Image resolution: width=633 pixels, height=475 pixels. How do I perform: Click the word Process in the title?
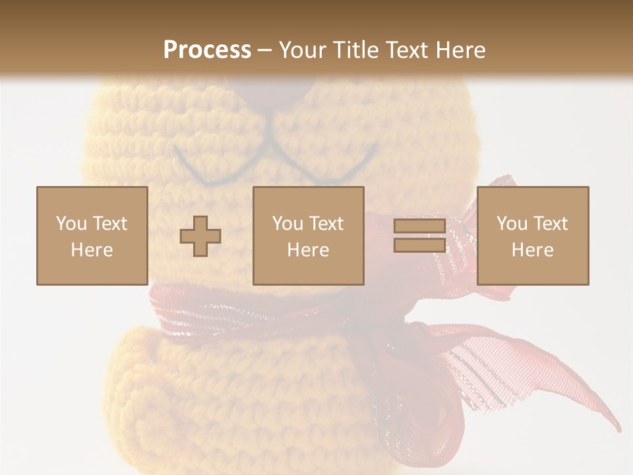[207, 50]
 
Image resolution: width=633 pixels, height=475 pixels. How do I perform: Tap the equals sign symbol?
[419, 236]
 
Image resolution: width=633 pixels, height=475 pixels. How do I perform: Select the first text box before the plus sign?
[92, 236]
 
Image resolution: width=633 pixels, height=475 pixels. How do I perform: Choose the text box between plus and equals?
[308, 236]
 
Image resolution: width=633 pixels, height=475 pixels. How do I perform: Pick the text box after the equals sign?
[532, 236]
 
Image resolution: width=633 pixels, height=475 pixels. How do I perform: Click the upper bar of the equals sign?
[419, 226]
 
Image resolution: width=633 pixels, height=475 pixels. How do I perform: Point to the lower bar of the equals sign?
[419, 245]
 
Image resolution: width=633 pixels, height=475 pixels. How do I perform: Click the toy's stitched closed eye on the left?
[198, 170]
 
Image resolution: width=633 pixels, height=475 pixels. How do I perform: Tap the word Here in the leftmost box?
[92, 250]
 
